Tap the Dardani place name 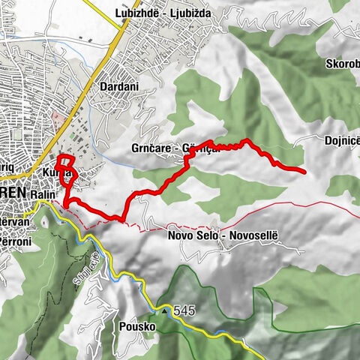(x=118, y=86)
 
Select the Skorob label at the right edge (x=341, y=64)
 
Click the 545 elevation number (x=184, y=309)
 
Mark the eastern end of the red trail (x=304, y=172)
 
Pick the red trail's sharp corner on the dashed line (x=122, y=219)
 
